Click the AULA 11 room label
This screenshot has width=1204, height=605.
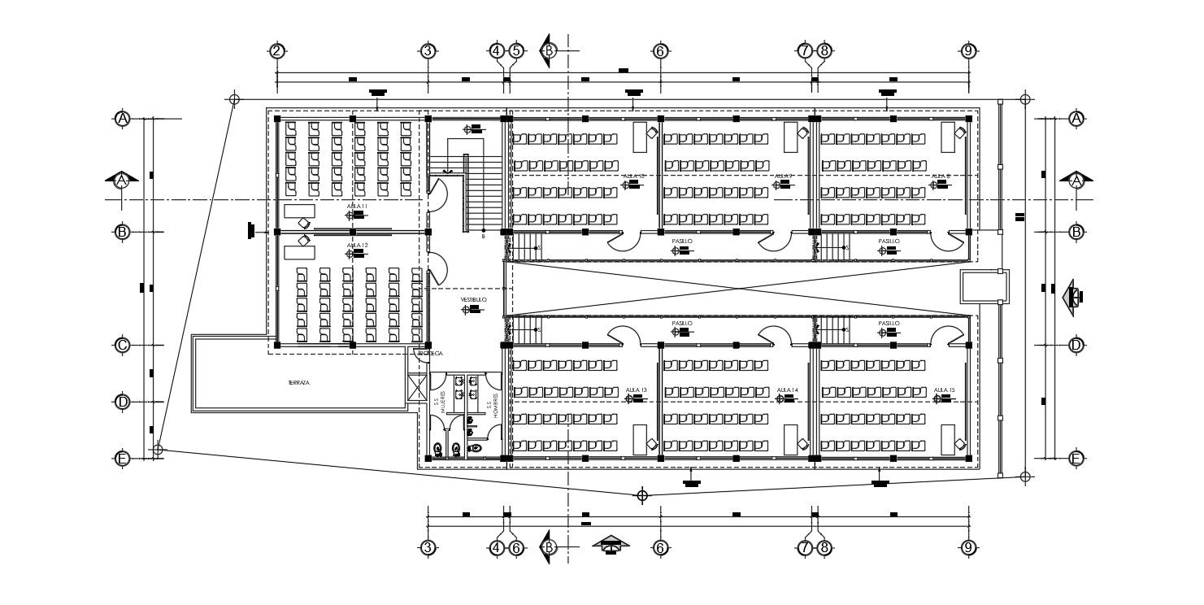357,207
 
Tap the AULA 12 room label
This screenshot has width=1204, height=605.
357,245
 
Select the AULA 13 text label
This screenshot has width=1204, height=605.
636,390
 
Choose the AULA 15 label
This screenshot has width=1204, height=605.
944,390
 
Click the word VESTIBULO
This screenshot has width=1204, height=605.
473,300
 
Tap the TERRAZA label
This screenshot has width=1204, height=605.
298,382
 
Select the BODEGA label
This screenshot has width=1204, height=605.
430,354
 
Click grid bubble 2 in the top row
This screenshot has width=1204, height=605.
277,50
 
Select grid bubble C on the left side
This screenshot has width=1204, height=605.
122,345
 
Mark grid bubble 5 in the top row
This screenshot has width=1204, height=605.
515,50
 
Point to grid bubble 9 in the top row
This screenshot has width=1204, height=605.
968,50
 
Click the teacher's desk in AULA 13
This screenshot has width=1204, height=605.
640,438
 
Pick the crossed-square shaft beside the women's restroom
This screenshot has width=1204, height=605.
417,386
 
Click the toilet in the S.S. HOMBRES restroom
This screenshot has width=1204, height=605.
476,448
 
